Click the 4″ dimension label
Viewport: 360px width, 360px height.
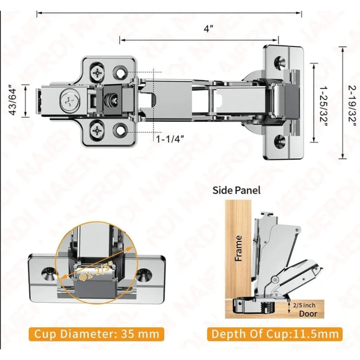click(x=208, y=29)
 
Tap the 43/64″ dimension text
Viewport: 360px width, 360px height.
click(x=13, y=99)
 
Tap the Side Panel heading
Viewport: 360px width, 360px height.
click(x=237, y=190)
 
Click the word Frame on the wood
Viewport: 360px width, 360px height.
click(x=239, y=248)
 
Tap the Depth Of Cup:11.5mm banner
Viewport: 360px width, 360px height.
click(x=275, y=334)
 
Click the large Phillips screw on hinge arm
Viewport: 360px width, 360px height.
click(x=70, y=99)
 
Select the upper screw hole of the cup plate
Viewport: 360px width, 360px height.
click(x=280, y=63)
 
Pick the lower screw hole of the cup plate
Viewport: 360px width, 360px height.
click(x=280, y=141)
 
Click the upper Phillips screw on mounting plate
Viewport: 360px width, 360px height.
click(x=97, y=71)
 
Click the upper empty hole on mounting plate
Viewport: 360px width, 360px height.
click(x=121, y=71)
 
